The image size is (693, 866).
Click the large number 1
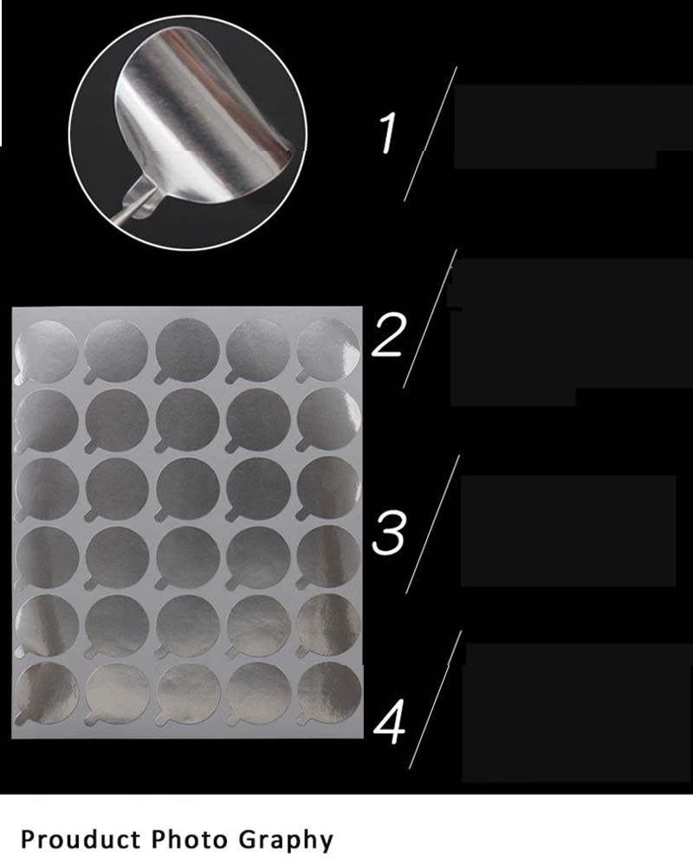[x=388, y=132]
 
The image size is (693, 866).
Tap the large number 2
[x=388, y=334]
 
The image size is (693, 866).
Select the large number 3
[x=388, y=532]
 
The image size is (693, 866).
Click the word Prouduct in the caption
[x=81, y=839]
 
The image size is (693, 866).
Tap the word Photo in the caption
[x=189, y=839]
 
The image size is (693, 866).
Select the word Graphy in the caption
[x=286, y=840]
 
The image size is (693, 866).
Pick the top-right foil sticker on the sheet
[x=328, y=350]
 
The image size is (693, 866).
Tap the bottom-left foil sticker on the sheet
[x=47, y=694]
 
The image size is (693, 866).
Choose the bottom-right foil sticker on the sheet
[x=329, y=693]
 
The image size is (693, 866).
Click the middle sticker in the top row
[x=187, y=351]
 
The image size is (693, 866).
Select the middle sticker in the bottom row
[x=188, y=694]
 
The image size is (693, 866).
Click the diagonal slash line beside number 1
[x=431, y=133]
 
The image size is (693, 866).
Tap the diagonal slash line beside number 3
[x=433, y=524]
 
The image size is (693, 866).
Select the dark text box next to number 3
[x=568, y=530]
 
